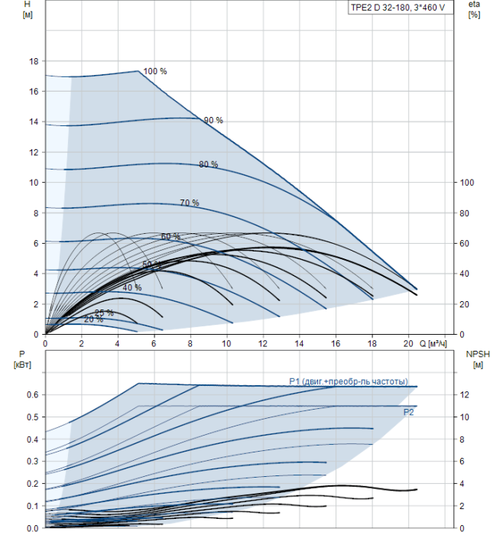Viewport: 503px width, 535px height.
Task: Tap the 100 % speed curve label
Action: (155, 71)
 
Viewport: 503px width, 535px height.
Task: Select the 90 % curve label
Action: (213, 120)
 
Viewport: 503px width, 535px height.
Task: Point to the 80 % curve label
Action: (208, 164)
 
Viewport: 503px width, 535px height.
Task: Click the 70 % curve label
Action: (190, 203)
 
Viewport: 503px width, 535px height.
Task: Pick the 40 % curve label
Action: (132, 287)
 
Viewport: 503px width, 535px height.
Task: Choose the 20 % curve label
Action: (93, 319)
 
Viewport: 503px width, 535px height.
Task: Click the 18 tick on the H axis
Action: (33, 61)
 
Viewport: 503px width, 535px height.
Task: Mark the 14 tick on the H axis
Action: (33, 122)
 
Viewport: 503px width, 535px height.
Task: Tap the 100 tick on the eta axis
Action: (467, 183)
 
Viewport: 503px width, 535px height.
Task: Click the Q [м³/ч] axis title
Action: (438, 344)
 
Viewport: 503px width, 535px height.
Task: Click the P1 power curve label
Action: (348, 381)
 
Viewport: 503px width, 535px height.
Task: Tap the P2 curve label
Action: (409, 412)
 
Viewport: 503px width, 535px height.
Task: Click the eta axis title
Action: (474, 5)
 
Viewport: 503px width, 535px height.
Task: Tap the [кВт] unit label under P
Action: (21, 363)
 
